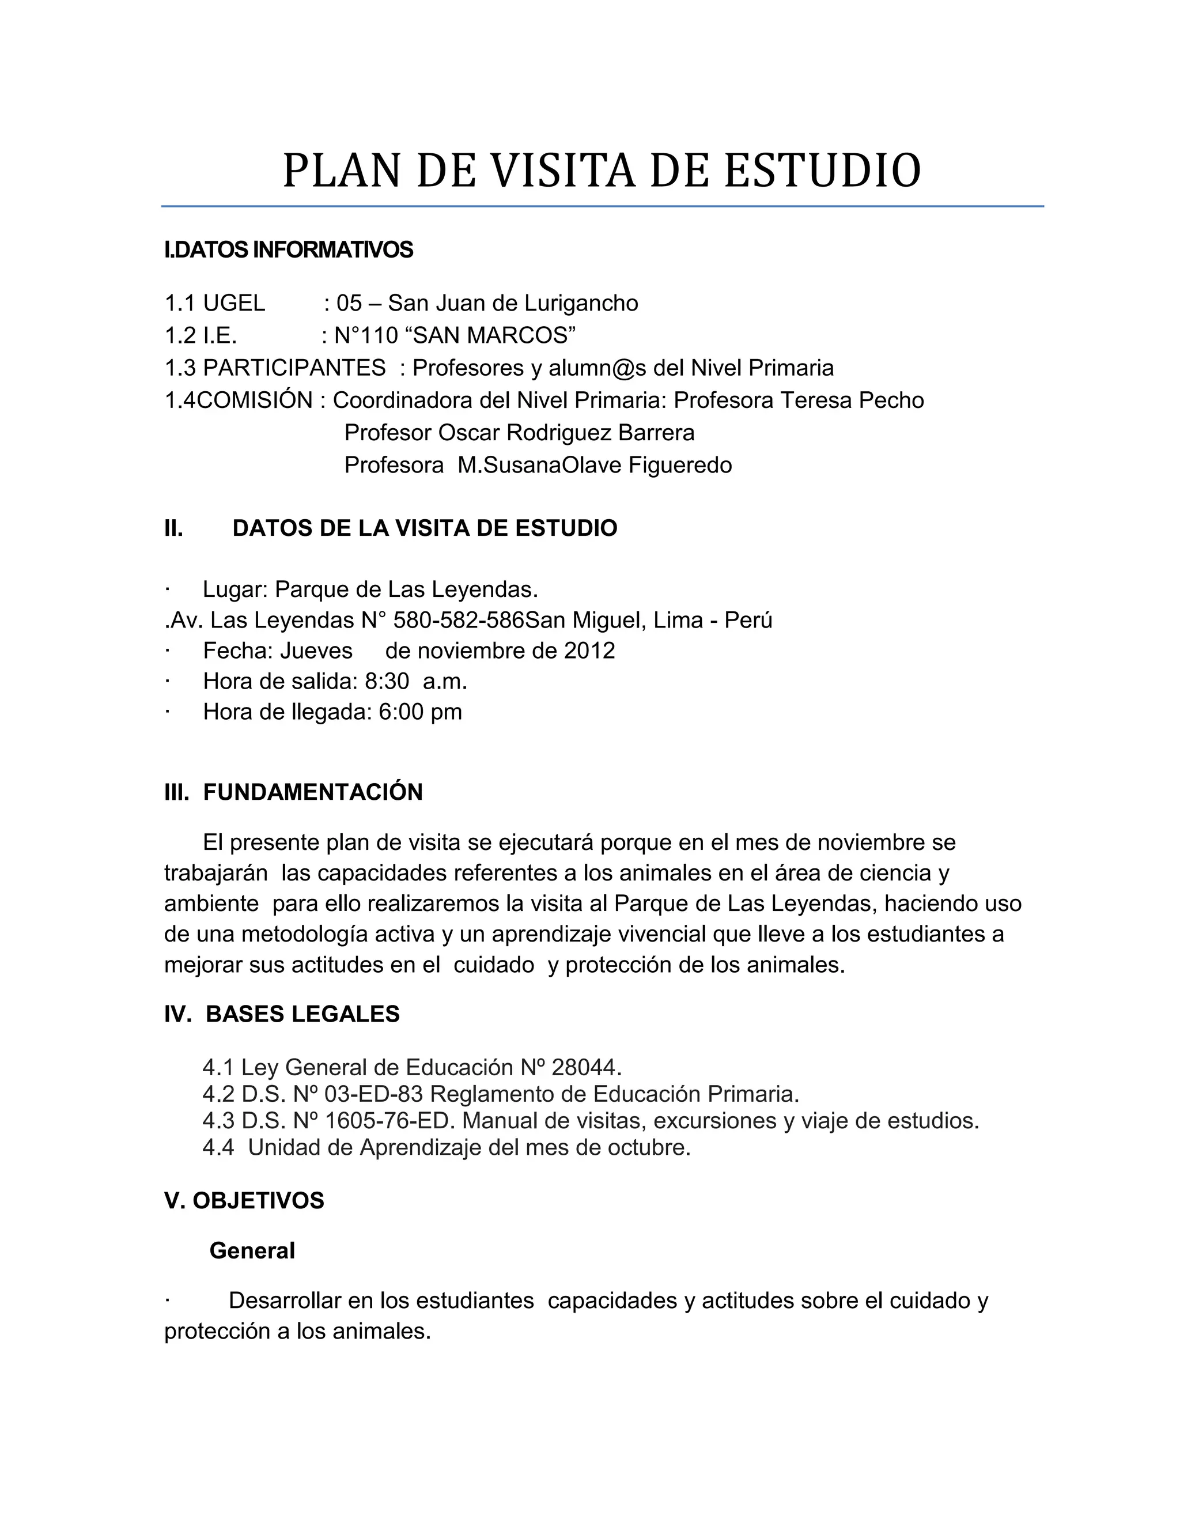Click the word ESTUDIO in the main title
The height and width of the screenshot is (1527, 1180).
click(x=822, y=171)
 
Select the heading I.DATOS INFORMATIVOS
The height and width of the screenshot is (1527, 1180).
click(x=288, y=250)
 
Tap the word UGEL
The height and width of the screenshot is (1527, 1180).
click(x=233, y=304)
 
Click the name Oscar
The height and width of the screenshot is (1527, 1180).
click(x=468, y=433)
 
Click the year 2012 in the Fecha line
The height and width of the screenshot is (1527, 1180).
click(x=589, y=651)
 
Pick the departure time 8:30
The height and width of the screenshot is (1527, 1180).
click(x=387, y=681)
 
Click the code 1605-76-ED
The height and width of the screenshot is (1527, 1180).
click(x=390, y=1121)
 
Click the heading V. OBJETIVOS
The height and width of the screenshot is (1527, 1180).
click(x=244, y=1200)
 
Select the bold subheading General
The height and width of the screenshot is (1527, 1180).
click(x=252, y=1251)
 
